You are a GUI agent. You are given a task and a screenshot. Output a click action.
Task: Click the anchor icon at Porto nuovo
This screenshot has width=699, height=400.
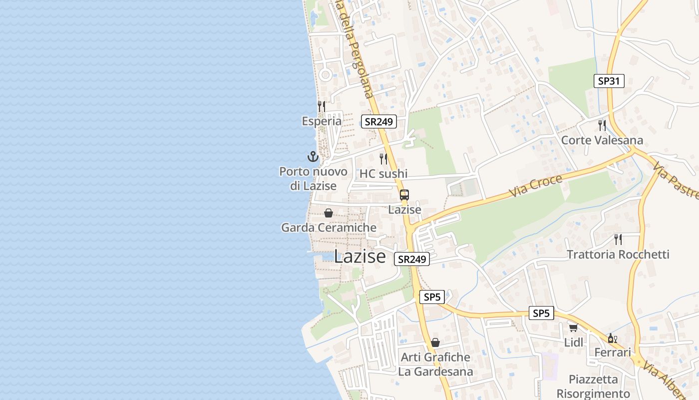(313, 156)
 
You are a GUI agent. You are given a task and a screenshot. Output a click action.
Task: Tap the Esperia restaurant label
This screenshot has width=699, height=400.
(322, 121)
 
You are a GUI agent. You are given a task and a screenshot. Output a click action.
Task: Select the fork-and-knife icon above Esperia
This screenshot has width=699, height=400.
(322, 106)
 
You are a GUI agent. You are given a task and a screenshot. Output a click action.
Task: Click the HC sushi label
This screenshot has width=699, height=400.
(383, 173)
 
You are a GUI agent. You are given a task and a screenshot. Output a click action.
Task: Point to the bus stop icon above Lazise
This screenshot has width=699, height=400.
(404, 195)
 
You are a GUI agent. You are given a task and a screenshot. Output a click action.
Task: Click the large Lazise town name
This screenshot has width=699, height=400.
(359, 256)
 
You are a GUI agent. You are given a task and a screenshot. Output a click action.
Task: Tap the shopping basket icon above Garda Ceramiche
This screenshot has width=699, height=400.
(329, 213)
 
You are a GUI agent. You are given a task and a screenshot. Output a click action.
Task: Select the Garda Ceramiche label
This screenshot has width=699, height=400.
(329, 227)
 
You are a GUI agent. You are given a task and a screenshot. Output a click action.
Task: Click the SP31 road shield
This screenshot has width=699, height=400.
(609, 81)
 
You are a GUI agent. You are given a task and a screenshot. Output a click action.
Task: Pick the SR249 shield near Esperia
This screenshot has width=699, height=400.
(379, 121)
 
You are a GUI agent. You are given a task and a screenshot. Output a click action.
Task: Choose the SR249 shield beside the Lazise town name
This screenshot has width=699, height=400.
(412, 259)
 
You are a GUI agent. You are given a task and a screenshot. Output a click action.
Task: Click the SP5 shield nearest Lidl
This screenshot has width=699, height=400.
(541, 313)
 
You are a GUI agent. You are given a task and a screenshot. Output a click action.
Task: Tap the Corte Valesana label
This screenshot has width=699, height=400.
(602, 140)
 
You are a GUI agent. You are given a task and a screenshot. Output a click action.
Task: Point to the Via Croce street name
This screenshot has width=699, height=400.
(535, 185)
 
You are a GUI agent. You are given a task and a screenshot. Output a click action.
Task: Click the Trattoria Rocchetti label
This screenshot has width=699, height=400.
(618, 254)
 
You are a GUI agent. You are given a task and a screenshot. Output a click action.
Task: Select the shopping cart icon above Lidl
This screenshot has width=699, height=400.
(573, 328)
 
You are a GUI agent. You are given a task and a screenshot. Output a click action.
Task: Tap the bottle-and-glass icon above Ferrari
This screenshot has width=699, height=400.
(612, 338)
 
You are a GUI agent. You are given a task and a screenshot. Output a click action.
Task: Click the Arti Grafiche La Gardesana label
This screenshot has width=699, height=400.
(435, 364)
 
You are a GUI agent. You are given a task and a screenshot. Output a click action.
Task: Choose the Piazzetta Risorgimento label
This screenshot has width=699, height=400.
(593, 386)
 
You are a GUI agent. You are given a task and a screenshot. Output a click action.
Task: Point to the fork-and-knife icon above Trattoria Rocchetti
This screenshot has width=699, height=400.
(618, 239)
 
